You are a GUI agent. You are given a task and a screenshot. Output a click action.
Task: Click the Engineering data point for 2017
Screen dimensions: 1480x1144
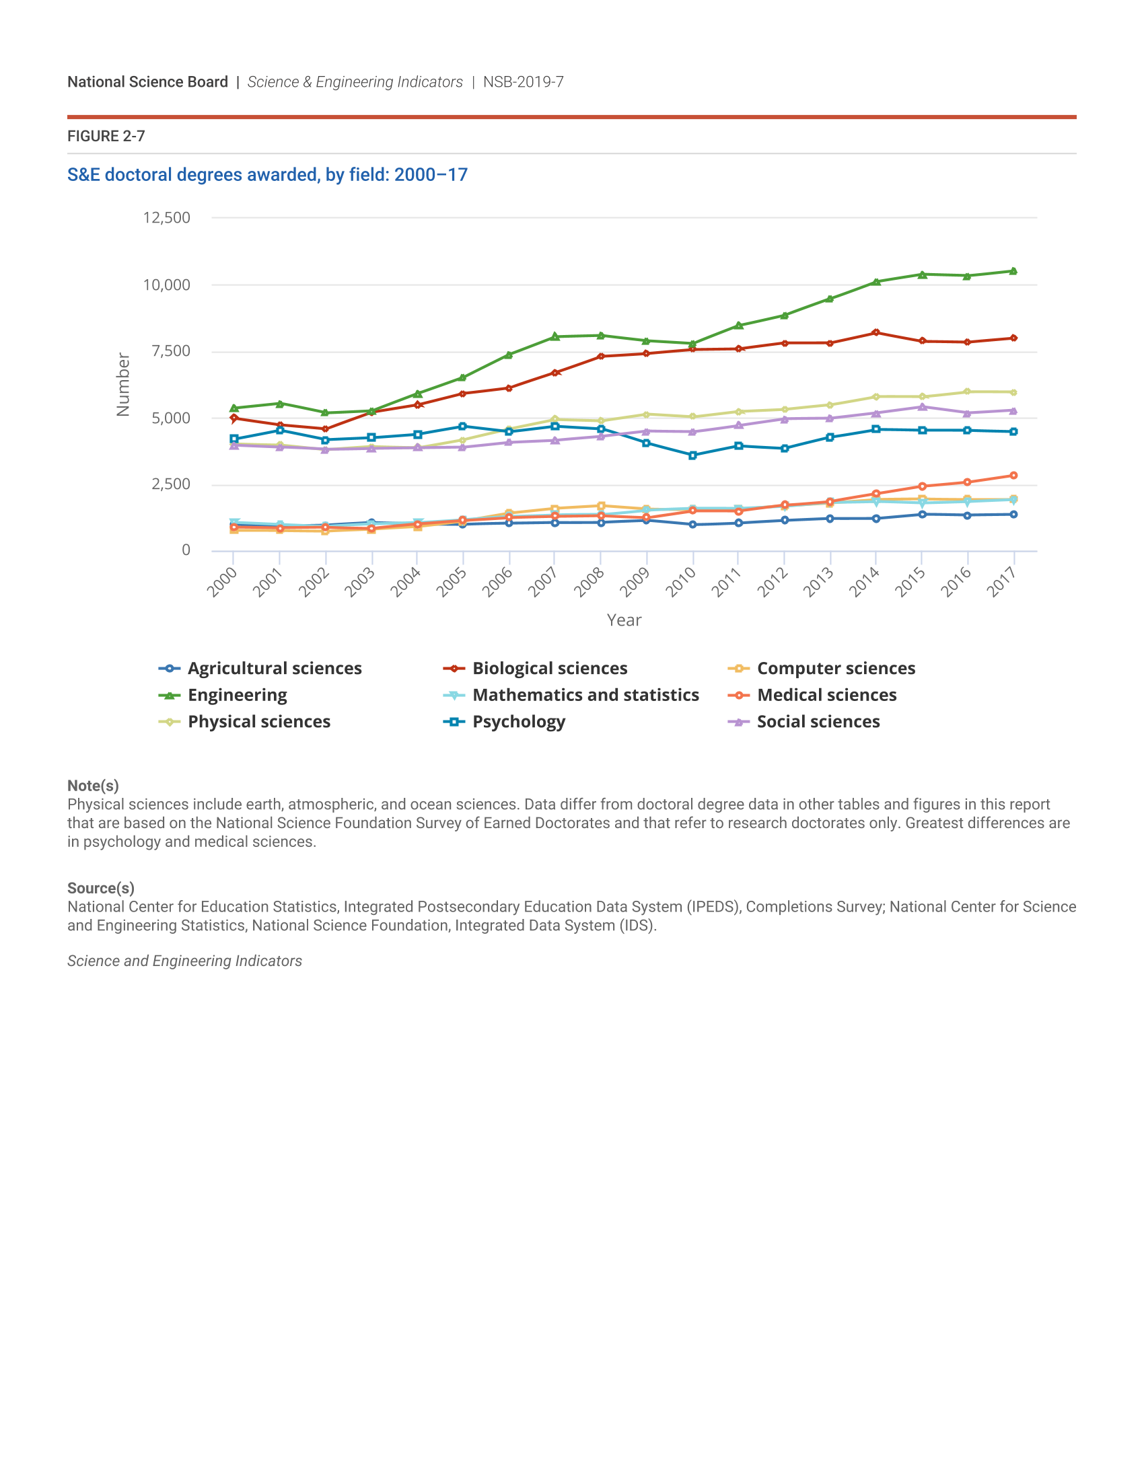pos(1013,271)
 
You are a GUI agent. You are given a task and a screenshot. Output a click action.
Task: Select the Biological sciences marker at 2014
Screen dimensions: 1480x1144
pos(875,333)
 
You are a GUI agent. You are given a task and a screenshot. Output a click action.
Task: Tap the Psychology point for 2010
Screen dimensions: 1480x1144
pos(692,455)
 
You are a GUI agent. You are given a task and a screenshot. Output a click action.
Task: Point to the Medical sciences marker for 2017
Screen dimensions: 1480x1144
pos(1013,476)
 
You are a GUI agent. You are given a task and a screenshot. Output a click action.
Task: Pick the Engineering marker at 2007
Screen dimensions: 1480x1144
pos(555,337)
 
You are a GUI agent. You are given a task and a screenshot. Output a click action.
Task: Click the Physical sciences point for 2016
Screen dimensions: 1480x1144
pos(967,392)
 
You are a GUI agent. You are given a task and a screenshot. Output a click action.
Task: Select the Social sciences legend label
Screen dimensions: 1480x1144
pos(818,722)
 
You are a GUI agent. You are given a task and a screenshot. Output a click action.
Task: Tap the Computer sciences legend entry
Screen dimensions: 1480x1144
pos(836,669)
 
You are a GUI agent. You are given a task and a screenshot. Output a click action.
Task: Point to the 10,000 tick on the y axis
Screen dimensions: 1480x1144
pos(166,285)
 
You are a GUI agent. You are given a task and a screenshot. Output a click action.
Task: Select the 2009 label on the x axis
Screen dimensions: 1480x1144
pos(635,581)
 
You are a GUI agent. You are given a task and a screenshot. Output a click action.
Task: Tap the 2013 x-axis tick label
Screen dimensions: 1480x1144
pos(819,581)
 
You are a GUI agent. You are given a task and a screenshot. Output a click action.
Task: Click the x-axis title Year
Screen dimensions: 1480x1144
pos(624,620)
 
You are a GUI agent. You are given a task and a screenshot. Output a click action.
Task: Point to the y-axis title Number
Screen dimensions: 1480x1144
pos(122,384)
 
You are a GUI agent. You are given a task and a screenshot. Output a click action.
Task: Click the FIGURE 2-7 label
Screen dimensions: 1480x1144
pos(106,136)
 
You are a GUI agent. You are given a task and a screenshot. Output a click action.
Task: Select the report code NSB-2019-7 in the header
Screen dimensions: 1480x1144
pos(523,82)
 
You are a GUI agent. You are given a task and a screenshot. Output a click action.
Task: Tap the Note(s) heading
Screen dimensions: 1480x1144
pos(93,785)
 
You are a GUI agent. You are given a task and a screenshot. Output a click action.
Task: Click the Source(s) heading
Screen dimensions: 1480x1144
pos(100,888)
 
